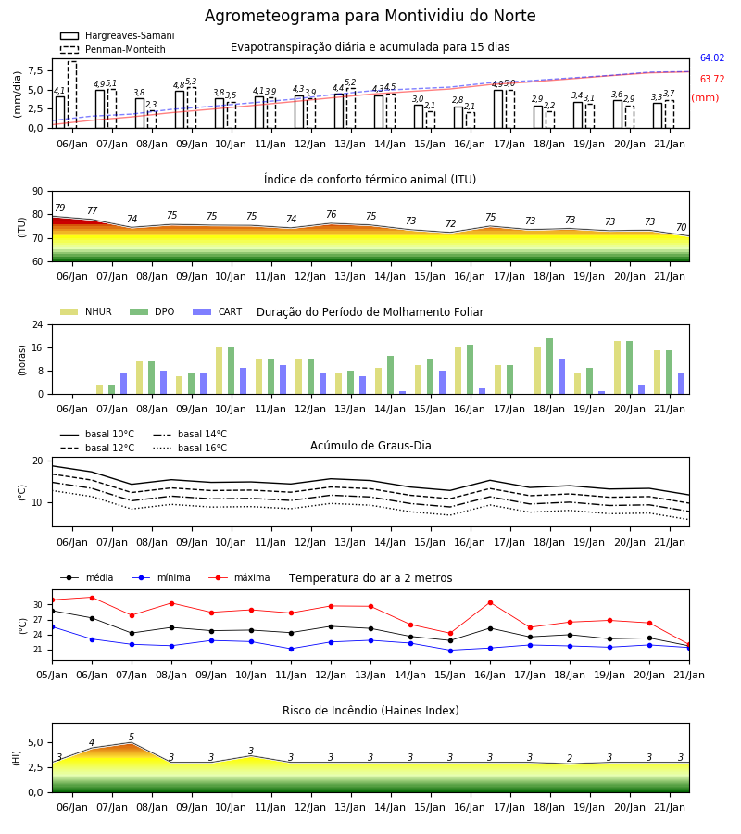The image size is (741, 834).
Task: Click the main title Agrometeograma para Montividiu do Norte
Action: [x=370, y=16]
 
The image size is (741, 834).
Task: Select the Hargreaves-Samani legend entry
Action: [x=118, y=35]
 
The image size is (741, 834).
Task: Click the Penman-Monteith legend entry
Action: [x=113, y=49]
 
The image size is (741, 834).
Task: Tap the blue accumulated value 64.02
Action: [x=712, y=58]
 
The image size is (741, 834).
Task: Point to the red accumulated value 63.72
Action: [x=712, y=80]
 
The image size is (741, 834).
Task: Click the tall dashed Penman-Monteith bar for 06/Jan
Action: [x=72, y=95]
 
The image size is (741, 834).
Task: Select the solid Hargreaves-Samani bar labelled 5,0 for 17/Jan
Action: [x=498, y=109]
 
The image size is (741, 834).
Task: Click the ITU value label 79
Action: [x=60, y=208]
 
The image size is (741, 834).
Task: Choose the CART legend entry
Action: [x=218, y=311]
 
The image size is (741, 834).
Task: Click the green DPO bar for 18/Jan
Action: [x=549, y=366]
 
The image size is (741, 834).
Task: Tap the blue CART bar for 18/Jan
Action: [x=562, y=376]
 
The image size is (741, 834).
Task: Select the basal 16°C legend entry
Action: [x=190, y=448]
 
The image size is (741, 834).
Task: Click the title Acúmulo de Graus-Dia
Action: [x=370, y=446]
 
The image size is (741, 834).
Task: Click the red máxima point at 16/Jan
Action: [x=490, y=602]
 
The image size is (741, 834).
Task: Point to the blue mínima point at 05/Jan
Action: [x=53, y=627]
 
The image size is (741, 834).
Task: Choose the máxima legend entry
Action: [x=239, y=577]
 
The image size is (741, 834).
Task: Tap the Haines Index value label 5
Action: [x=132, y=738]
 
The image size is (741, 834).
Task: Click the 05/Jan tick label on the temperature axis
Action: [x=52, y=675]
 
